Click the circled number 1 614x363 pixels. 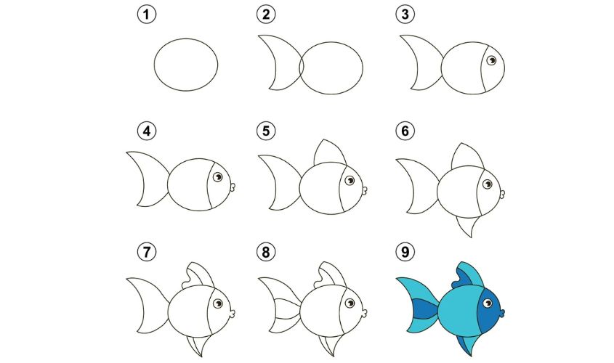click(x=145, y=14)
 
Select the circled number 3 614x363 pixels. click(x=403, y=14)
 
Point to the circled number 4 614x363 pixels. click(x=145, y=131)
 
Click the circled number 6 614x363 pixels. click(x=403, y=131)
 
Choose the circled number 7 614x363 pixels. click(x=145, y=252)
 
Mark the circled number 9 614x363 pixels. click(x=403, y=252)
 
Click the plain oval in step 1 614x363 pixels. click(x=186, y=65)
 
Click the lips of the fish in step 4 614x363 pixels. click(x=233, y=187)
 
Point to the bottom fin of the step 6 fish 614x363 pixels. click(x=467, y=227)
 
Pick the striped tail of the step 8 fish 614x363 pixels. click(x=282, y=309)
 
